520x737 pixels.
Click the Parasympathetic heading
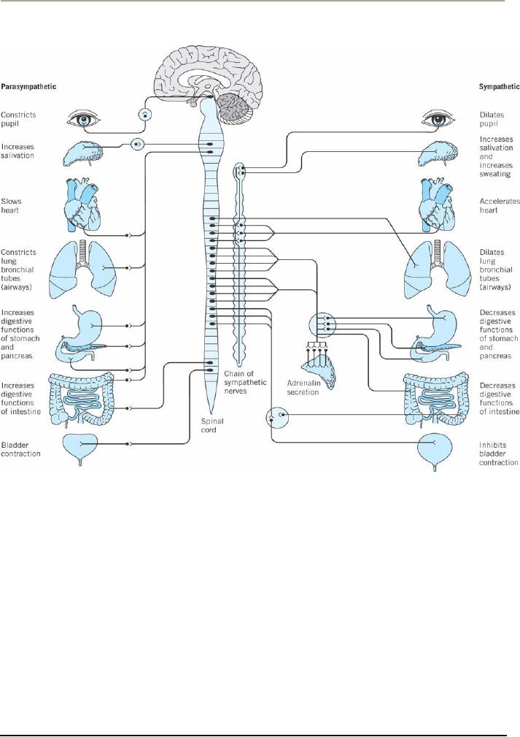point(28,86)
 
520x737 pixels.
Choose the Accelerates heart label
point(500,205)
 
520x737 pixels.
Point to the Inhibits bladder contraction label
point(499,454)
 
